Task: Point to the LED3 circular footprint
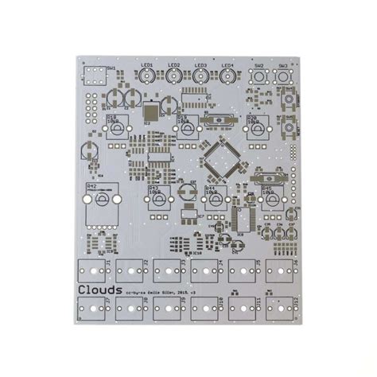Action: [201, 76]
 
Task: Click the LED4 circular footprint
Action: [227, 76]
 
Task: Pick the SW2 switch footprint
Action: [259, 77]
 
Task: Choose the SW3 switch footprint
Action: [282, 77]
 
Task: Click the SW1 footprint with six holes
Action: [95, 78]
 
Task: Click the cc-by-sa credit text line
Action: [159, 293]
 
